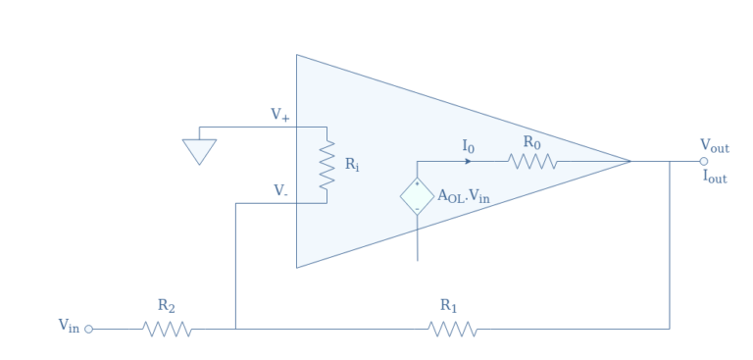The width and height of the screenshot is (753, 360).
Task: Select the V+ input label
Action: (x=280, y=116)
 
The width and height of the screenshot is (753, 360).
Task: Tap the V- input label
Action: (x=280, y=191)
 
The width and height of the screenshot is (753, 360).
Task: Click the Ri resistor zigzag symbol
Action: (x=326, y=165)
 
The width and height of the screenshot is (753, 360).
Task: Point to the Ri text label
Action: (x=351, y=165)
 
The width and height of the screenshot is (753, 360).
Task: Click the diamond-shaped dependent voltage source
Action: (x=417, y=196)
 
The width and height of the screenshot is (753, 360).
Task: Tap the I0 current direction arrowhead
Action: (x=468, y=161)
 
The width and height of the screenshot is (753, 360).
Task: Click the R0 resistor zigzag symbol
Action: (x=532, y=161)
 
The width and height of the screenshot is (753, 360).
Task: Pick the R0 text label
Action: (x=530, y=142)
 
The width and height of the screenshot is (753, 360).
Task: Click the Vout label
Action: (x=714, y=147)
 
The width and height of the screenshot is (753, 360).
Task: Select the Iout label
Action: (x=714, y=179)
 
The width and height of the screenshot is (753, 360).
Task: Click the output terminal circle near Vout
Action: (x=703, y=161)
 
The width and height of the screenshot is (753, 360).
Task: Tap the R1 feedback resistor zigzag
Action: (x=453, y=329)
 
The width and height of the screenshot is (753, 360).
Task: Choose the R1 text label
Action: (x=449, y=306)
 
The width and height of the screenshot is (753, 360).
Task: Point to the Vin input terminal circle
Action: (x=90, y=329)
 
